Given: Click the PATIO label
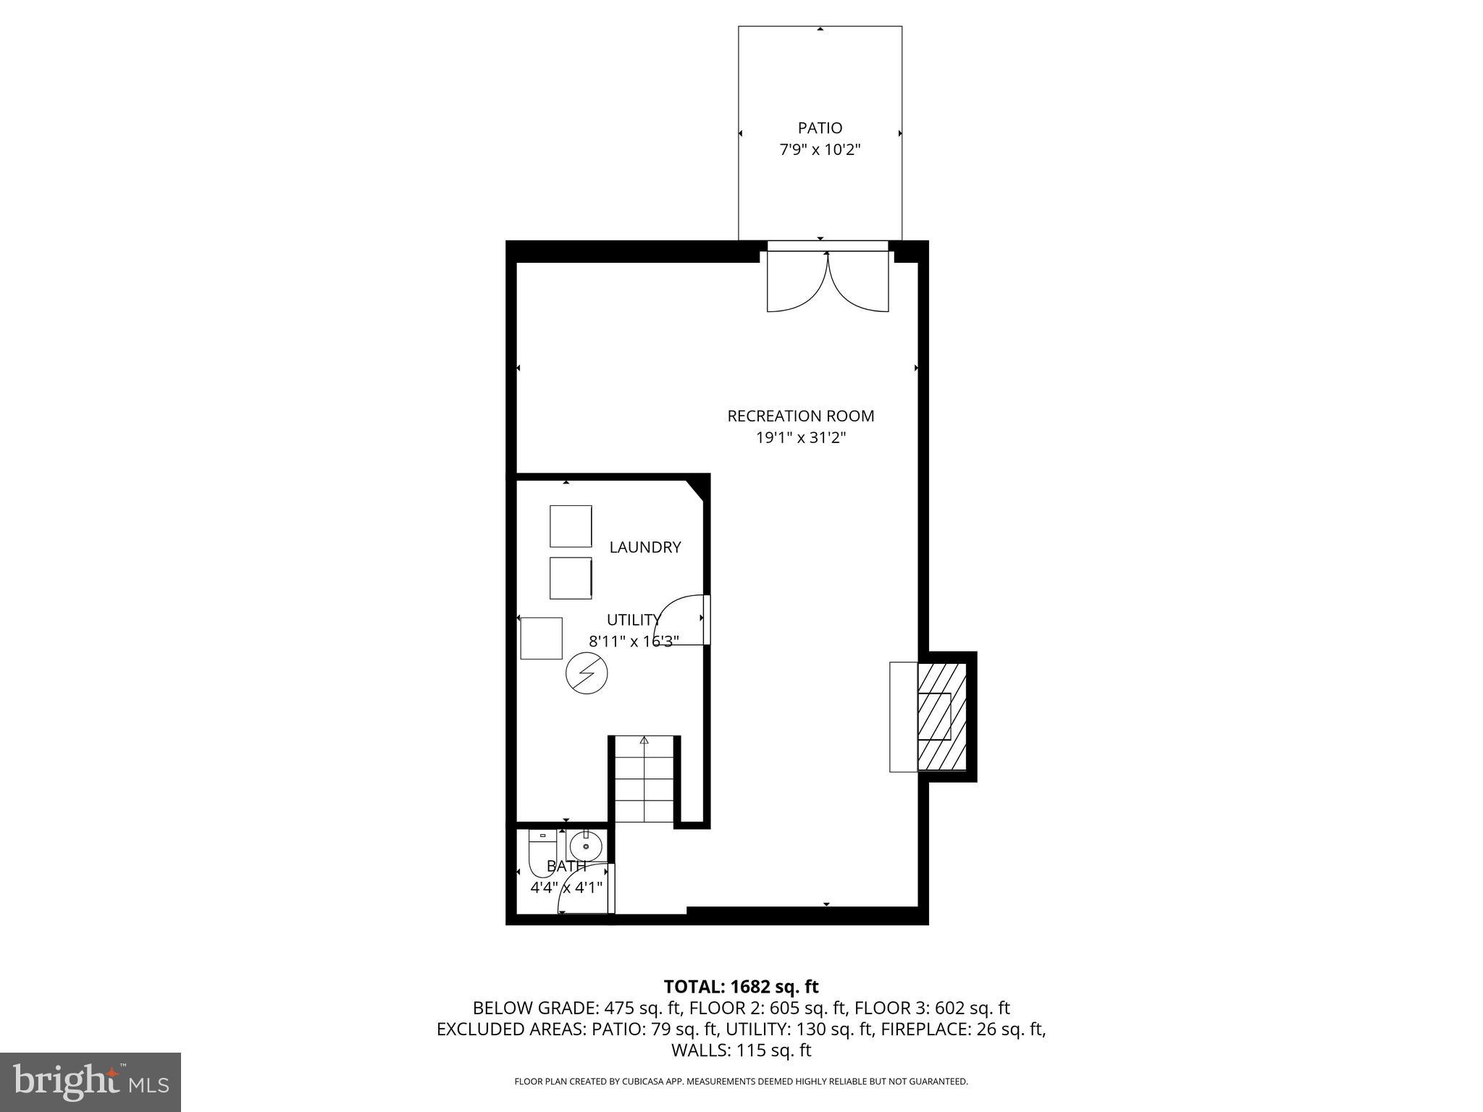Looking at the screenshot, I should (x=820, y=128).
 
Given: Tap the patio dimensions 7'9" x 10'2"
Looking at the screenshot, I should (x=820, y=151).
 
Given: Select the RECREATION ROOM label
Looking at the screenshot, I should (x=800, y=416).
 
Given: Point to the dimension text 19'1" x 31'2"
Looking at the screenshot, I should (x=800, y=438).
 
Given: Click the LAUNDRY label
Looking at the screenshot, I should (x=644, y=547).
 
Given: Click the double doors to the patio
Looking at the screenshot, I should (x=828, y=282).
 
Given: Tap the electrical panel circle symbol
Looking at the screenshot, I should (x=586, y=674).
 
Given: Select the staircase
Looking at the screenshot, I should (x=644, y=780).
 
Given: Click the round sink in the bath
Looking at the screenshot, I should (x=585, y=846).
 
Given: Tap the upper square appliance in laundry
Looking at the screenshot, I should (x=571, y=526).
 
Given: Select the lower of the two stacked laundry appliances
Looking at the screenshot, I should (x=571, y=578).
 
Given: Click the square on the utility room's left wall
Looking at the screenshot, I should (x=541, y=638).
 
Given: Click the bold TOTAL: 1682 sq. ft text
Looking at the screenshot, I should (x=741, y=987).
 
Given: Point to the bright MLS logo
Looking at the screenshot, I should (x=91, y=1082).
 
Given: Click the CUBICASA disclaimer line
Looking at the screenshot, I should (x=741, y=1082).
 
